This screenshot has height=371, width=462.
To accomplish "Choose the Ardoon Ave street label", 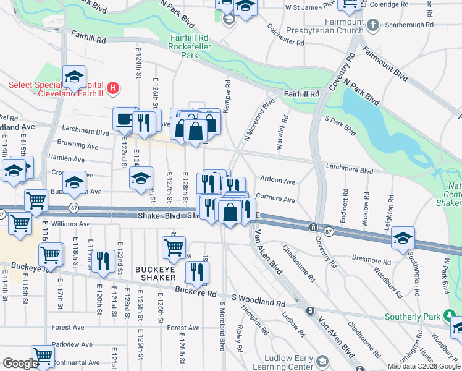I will click(x=278, y=181).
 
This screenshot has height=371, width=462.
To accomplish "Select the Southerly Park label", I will click(x=413, y=317).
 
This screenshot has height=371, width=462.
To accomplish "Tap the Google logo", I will click(x=20, y=364).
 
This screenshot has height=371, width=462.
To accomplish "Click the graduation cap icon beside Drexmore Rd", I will click(x=403, y=238).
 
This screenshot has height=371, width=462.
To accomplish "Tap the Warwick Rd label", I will click(x=283, y=127).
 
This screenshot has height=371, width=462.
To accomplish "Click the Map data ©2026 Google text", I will click(x=423, y=366).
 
